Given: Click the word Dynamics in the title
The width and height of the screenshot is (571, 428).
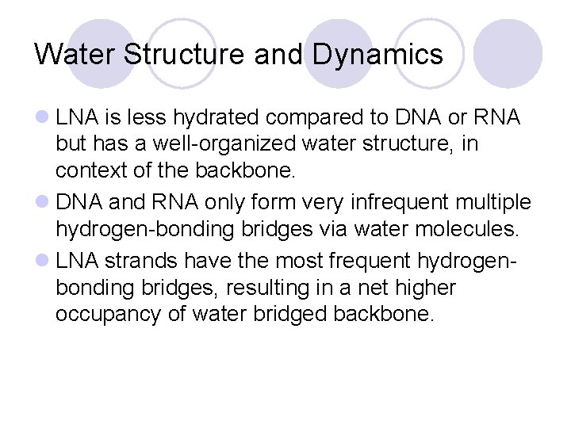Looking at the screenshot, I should tap(377, 54).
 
